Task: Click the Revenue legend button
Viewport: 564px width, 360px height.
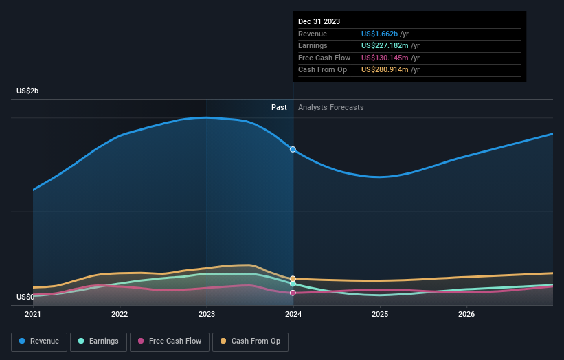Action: point(39,341)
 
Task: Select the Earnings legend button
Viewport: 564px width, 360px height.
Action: point(99,341)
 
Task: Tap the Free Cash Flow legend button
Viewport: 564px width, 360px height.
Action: point(170,341)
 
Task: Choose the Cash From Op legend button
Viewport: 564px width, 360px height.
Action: point(251,341)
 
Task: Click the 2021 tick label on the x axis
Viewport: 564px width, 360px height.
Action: point(33,315)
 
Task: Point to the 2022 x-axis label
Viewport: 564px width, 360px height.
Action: point(120,315)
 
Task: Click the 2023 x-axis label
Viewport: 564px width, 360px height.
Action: point(207,315)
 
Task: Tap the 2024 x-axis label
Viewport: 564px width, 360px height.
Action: point(293,315)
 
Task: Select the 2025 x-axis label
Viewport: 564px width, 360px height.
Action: point(380,315)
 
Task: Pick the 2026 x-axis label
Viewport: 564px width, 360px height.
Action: point(466,315)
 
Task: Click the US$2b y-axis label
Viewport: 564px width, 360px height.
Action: point(28,91)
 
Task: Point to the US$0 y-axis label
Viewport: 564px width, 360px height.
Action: point(25,297)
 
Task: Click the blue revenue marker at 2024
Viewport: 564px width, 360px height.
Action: point(293,149)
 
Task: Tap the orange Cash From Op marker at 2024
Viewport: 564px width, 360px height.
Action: point(293,279)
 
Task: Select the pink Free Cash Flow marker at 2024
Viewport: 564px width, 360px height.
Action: point(293,293)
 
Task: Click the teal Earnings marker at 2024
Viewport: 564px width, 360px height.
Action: point(293,284)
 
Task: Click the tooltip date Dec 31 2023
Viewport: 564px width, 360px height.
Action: point(319,22)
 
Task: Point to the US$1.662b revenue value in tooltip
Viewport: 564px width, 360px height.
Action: point(385,34)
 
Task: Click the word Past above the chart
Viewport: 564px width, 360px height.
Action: point(279,107)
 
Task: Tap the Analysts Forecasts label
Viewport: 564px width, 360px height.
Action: point(331,107)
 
